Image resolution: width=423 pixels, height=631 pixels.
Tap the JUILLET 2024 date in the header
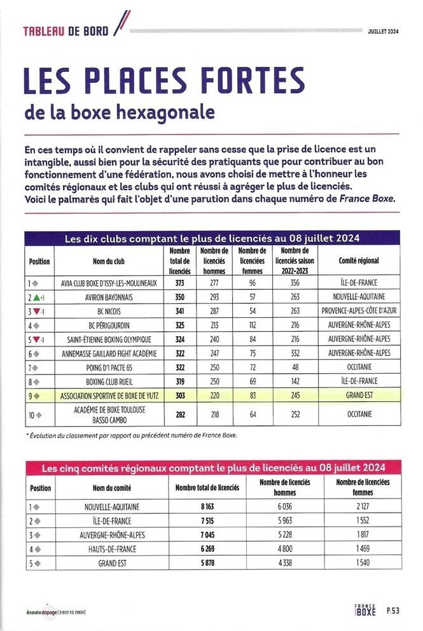click(383, 31)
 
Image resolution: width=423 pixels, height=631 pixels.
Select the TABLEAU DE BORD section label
click(66, 31)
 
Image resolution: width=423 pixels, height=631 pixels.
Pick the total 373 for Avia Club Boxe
click(180, 283)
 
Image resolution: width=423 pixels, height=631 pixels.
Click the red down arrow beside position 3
click(37, 311)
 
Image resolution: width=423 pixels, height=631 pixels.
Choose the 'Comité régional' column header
click(360, 261)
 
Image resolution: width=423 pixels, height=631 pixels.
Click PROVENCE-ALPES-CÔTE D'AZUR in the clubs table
click(360, 311)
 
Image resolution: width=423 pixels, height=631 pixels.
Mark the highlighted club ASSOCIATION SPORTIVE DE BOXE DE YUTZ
click(109, 395)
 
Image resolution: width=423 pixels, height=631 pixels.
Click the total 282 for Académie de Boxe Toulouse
click(180, 415)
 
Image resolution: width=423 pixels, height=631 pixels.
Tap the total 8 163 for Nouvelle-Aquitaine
click(207, 507)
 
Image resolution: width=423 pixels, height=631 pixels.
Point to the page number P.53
click(393, 611)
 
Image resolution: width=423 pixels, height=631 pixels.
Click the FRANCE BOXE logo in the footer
click(365, 610)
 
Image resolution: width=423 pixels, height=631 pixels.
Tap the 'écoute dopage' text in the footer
click(39, 612)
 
